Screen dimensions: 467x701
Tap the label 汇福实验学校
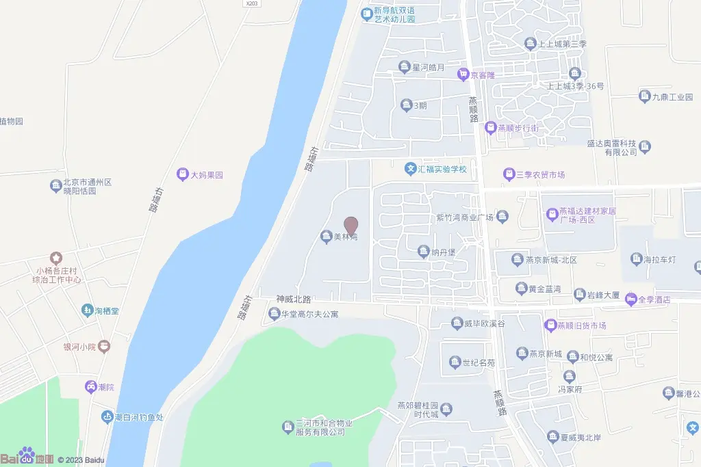click(442, 169)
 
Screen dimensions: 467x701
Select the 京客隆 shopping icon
click(463, 74)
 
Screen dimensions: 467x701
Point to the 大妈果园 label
click(207, 175)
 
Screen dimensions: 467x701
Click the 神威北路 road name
click(294, 299)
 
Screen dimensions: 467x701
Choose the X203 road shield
click(252, 3)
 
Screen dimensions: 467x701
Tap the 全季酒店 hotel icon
click(630, 299)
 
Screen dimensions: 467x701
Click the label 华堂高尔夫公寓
click(310, 315)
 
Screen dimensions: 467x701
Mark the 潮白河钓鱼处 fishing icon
click(107, 416)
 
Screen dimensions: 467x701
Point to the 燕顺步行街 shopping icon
click(490, 128)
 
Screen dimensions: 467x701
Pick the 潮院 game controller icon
click(90, 387)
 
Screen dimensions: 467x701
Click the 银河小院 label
click(79, 347)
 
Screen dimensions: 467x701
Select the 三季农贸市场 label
click(540, 174)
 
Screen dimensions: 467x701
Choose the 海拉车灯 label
click(660, 259)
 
